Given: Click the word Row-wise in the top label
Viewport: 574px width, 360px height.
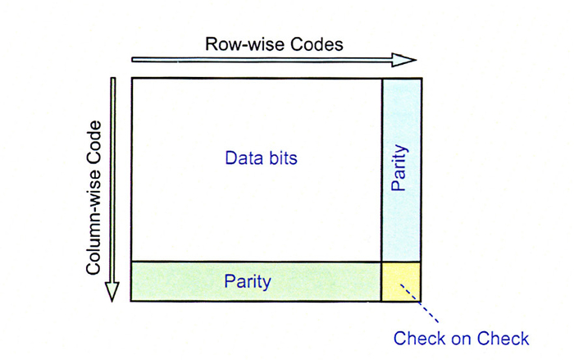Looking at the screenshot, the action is coord(245,44).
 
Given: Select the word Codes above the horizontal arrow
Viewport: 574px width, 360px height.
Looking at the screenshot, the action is coord(317,44).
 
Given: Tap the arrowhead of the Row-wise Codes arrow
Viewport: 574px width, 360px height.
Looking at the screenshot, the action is coord(403,60).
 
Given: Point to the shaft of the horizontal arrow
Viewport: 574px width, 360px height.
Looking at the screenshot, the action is coord(262,60).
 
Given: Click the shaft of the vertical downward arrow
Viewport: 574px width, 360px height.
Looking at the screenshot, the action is coord(113,180).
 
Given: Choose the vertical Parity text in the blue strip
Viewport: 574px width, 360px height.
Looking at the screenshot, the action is coord(399,168).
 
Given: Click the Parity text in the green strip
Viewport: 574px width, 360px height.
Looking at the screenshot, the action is coord(248,282).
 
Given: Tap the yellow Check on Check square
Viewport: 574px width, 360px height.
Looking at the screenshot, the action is coord(401,281).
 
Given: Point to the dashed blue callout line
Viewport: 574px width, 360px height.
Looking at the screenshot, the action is coord(419,303).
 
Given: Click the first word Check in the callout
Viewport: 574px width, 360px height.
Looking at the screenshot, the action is coord(420,338).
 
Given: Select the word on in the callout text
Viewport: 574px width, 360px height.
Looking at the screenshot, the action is coord(462,339).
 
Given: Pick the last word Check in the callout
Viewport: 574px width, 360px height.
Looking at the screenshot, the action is coord(503,338).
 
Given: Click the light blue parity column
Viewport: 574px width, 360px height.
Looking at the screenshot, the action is coord(402,170).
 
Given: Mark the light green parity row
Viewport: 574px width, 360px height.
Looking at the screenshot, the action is coord(256,281).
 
